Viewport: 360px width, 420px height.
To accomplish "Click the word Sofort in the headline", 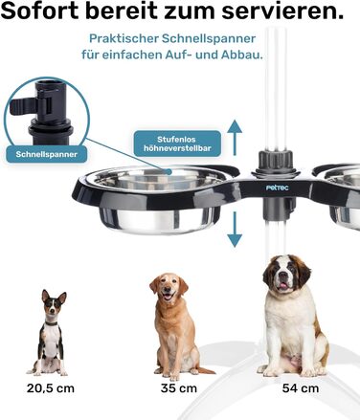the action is (40, 11).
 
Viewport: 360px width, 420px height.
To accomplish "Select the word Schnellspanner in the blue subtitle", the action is (209, 39).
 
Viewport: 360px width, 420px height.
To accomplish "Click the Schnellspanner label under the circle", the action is (47, 154).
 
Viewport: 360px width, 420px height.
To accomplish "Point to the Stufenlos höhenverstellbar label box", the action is (177, 144).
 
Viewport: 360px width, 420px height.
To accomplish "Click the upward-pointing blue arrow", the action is (235, 138).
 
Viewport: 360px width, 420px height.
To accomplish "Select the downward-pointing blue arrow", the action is (235, 230).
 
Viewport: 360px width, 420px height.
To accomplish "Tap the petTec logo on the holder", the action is (278, 188).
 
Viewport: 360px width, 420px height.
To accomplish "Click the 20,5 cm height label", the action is (51, 388).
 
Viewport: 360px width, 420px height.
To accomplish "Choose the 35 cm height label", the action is (179, 388).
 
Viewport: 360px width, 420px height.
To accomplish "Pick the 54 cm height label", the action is (301, 388).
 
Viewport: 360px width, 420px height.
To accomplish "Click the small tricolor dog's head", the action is (54, 304).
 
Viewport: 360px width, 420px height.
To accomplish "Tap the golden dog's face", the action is (169, 288).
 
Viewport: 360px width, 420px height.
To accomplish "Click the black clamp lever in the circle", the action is (24, 106).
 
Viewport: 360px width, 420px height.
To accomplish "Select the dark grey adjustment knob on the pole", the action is (276, 160).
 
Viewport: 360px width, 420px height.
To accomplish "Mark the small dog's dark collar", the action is (51, 323).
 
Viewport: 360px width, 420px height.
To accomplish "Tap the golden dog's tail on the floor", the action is (205, 370).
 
